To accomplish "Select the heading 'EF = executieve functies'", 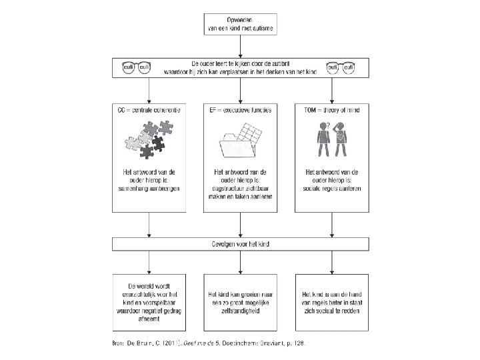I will coord(239,109).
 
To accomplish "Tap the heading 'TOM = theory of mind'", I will coord(331,109).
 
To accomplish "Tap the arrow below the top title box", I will coord(240,47).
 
